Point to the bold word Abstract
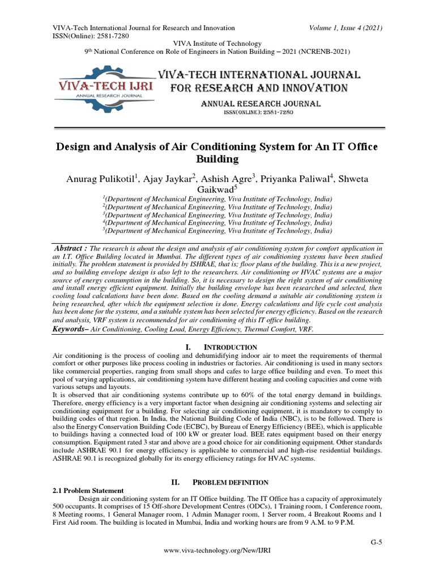[70, 248]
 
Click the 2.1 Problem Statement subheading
[88, 490]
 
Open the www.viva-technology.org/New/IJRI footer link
[217, 551]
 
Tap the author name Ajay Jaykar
[173, 179]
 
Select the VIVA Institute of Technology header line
[217, 44]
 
